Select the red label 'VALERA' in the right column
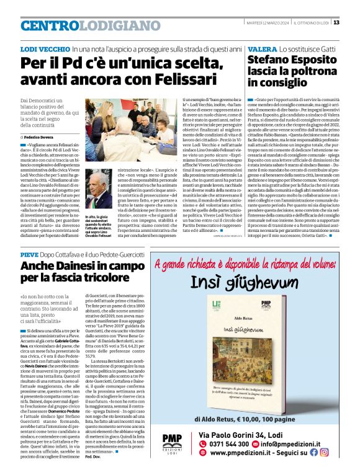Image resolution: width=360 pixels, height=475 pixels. (263, 48)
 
